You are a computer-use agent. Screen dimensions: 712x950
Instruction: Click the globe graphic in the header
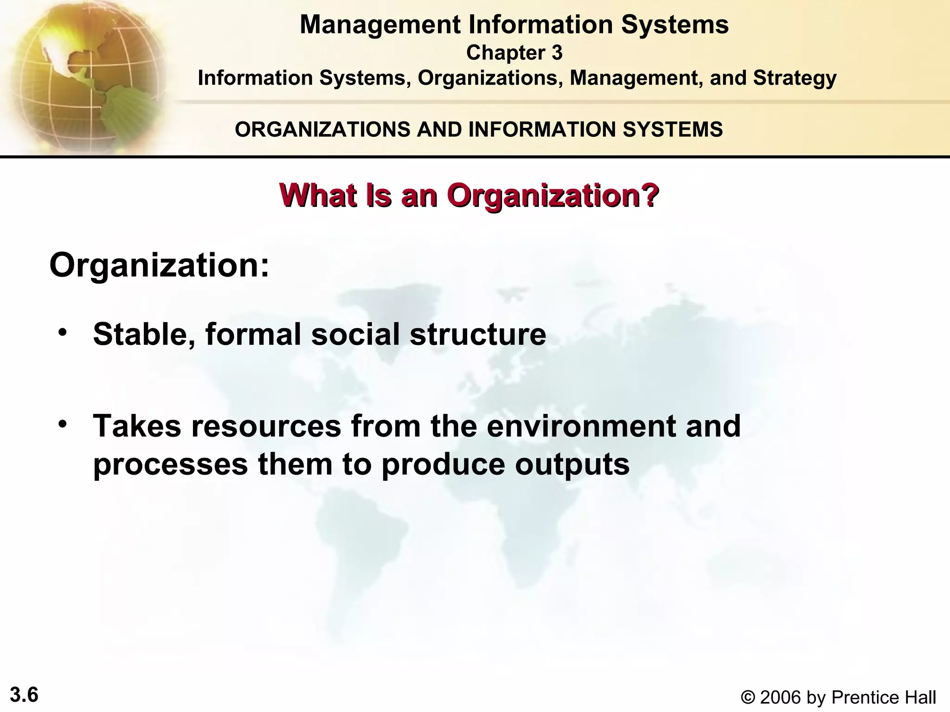point(83,74)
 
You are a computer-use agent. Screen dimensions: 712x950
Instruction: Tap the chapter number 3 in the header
point(557,53)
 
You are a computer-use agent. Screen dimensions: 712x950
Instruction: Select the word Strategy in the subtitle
point(795,78)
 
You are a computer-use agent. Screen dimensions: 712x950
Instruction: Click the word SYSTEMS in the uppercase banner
point(672,129)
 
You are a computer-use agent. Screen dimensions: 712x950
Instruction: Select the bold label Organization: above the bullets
point(159,266)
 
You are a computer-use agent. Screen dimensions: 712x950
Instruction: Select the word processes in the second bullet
point(171,464)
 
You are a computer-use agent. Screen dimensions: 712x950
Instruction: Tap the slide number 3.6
point(24,695)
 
